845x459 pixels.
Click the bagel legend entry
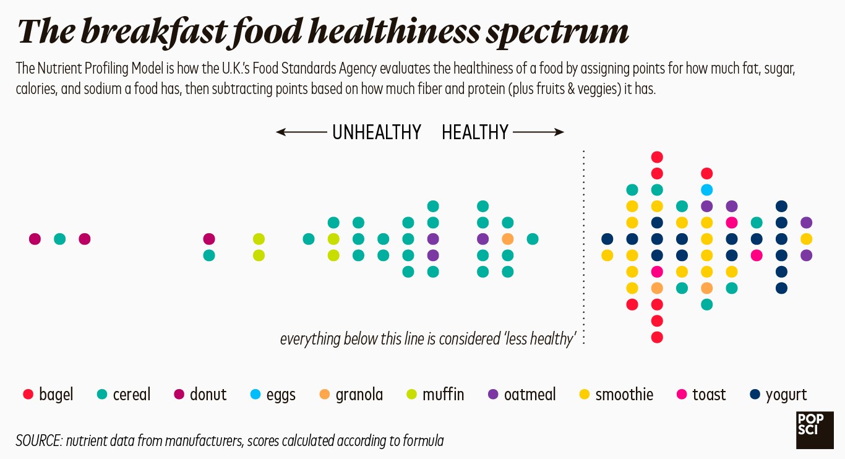click(x=48, y=395)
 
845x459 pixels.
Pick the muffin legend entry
click(x=435, y=395)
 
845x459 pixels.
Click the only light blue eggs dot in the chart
click(x=706, y=190)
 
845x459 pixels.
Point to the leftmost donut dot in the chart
click(x=35, y=239)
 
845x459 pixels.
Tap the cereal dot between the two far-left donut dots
click(x=59, y=239)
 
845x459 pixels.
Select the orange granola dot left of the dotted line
click(x=507, y=239)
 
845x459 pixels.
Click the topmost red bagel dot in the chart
click(x=657, y=157)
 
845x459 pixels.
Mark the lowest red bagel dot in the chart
click(x=657, y=337)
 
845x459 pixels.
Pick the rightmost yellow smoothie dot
click(x=806, y=239)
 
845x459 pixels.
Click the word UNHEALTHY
click(x=376, y=132)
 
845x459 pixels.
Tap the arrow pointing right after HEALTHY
click(x=538, y=132)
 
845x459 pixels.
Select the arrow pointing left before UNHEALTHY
click(x=302, y=132)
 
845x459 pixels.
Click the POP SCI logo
click(x=815, y=429)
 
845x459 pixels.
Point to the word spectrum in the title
click(x=556, y=32)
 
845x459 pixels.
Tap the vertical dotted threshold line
click(x=584, y=247)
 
